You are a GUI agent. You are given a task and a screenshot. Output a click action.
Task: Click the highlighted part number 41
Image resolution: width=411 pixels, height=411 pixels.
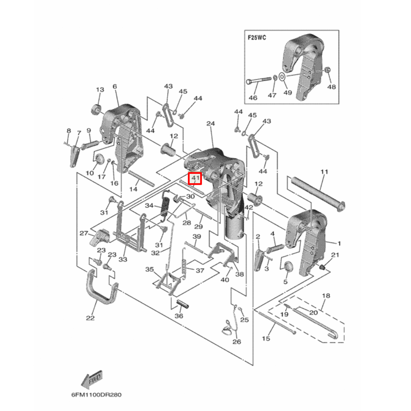pyautogui.click(x=194, y=179)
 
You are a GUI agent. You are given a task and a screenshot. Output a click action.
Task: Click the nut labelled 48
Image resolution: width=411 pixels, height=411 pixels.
pyautogui.click(x=328, y=69)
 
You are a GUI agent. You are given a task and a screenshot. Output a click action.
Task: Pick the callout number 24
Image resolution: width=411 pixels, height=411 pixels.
pyautogui.click(x=211, y=123)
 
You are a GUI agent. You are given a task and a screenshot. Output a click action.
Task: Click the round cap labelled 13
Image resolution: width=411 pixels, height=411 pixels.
pyautogui.click(x=97, y=110)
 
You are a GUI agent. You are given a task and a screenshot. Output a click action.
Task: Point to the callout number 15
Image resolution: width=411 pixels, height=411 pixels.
pyautogui.click(x=266, y=338)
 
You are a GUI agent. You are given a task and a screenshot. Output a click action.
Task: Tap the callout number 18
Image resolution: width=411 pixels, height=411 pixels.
pyautogui.click(x=326, y=296)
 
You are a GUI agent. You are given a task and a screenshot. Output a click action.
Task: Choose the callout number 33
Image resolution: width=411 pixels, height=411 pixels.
pyautogui.click(x=123, y=259)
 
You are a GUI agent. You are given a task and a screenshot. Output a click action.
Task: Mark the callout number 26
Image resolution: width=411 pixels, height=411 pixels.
pyautogui.click(x=236, y=341)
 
